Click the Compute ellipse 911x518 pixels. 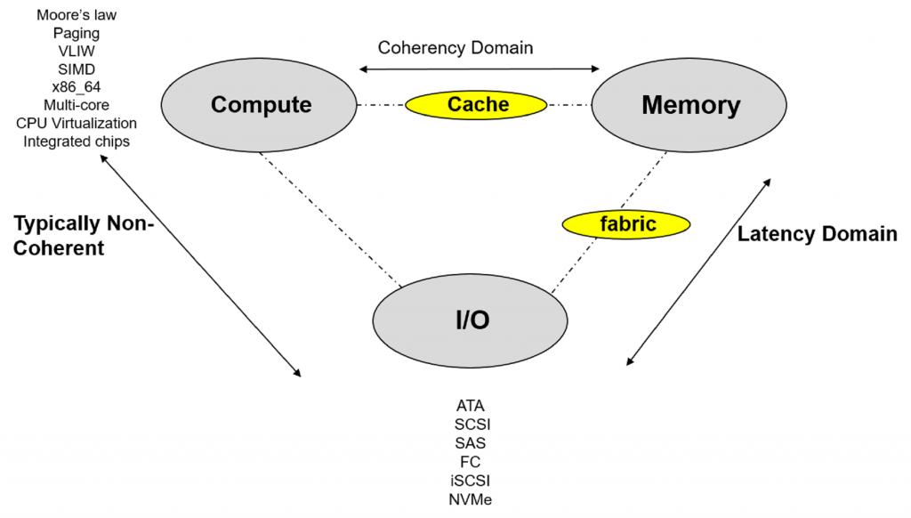(x=261, y=105)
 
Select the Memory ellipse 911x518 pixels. (x=690, y=105)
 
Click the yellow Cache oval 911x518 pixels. (x=478, y=105)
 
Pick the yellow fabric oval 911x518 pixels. (x=626, y=224)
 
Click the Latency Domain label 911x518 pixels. (x=818, y=234)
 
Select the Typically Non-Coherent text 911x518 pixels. (x=84, y=236)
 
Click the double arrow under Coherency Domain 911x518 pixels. (x=480, y=69)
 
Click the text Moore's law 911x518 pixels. (x=77, y=15)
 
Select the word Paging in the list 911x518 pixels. (x=77, y=33)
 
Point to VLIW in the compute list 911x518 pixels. (x=77, y=51)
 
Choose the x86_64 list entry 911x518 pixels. (x=77, y=87)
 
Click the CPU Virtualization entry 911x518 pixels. (x=77, y=123)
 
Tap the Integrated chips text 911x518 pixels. (x=77, y=142)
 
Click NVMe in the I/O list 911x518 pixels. (x=471, y=498)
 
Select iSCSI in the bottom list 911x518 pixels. (x=471, y=481)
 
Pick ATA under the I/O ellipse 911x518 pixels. (x=471, y=406)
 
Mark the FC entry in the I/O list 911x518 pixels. (x=471, y=462)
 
